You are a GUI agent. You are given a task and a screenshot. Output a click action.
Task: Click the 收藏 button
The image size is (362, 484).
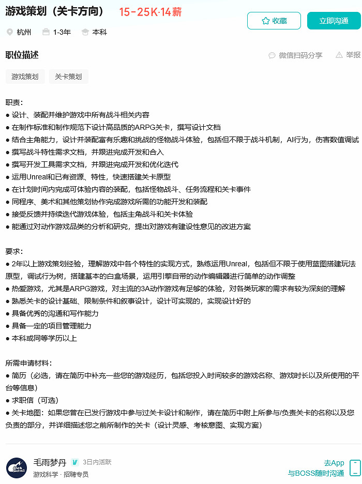click(x=274, y=21)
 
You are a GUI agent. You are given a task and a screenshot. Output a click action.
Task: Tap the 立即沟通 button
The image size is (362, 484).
click(x=334, y=21)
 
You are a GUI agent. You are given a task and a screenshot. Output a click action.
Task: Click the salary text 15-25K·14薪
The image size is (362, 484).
click(x=150, y=12)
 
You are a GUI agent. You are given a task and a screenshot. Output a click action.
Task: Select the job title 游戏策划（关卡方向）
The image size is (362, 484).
click(x=57, y=11)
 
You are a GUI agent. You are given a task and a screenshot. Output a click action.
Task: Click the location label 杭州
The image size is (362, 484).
click(x=24, y=32)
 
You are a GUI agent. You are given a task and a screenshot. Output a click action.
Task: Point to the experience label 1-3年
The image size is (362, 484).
click(x=62, y=32)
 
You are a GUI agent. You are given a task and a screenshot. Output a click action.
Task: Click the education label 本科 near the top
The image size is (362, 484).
click(x=99, y=32)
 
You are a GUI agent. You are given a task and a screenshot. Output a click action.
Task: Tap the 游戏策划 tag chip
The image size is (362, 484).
click(x=25, y=77)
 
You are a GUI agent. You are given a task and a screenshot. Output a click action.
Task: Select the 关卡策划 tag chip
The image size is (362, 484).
click(x=68, y=77)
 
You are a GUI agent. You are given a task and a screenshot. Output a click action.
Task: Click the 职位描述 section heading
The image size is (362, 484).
click(x=22, y=55)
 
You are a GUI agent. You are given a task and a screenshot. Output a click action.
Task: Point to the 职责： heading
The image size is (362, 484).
click(x=14, y=102)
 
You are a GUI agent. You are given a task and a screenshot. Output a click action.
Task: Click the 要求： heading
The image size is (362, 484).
click(x=14, y=251)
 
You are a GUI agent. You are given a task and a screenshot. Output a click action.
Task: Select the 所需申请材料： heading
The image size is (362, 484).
click(x=28, y=363)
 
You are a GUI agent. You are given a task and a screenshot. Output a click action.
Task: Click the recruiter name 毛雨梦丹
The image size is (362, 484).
click(x=50, y=462)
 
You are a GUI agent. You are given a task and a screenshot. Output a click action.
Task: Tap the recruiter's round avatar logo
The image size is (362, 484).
click(x=17, y=467)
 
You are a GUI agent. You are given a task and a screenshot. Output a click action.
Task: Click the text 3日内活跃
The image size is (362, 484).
click(x=97, y=462)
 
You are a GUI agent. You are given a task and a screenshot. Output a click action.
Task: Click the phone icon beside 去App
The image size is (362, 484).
click(x=355, y=467)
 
